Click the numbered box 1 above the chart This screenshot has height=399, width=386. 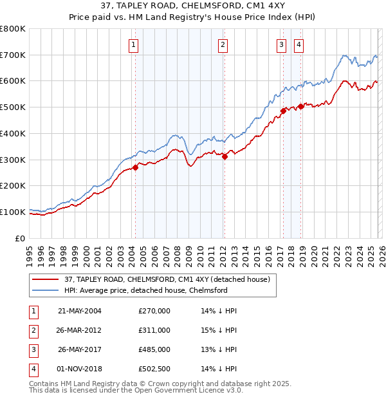point(133,44)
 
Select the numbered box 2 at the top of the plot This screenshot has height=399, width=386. point(223,44)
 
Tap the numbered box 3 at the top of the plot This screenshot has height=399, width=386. point(282,44)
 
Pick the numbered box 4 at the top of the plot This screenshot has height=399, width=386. point(299,44)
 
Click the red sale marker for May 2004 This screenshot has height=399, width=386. point(135,167)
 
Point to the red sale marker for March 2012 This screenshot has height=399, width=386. point(225,156)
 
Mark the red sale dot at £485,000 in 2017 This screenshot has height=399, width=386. point(283,111)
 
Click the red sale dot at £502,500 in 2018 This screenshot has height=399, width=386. point(300,106)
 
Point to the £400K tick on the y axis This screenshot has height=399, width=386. point(13,133)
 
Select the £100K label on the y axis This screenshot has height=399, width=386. point(13,212)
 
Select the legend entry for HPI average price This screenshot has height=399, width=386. point(145,290)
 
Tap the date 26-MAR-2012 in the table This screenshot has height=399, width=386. point(80,330)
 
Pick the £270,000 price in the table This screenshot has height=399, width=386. point(154,310)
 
